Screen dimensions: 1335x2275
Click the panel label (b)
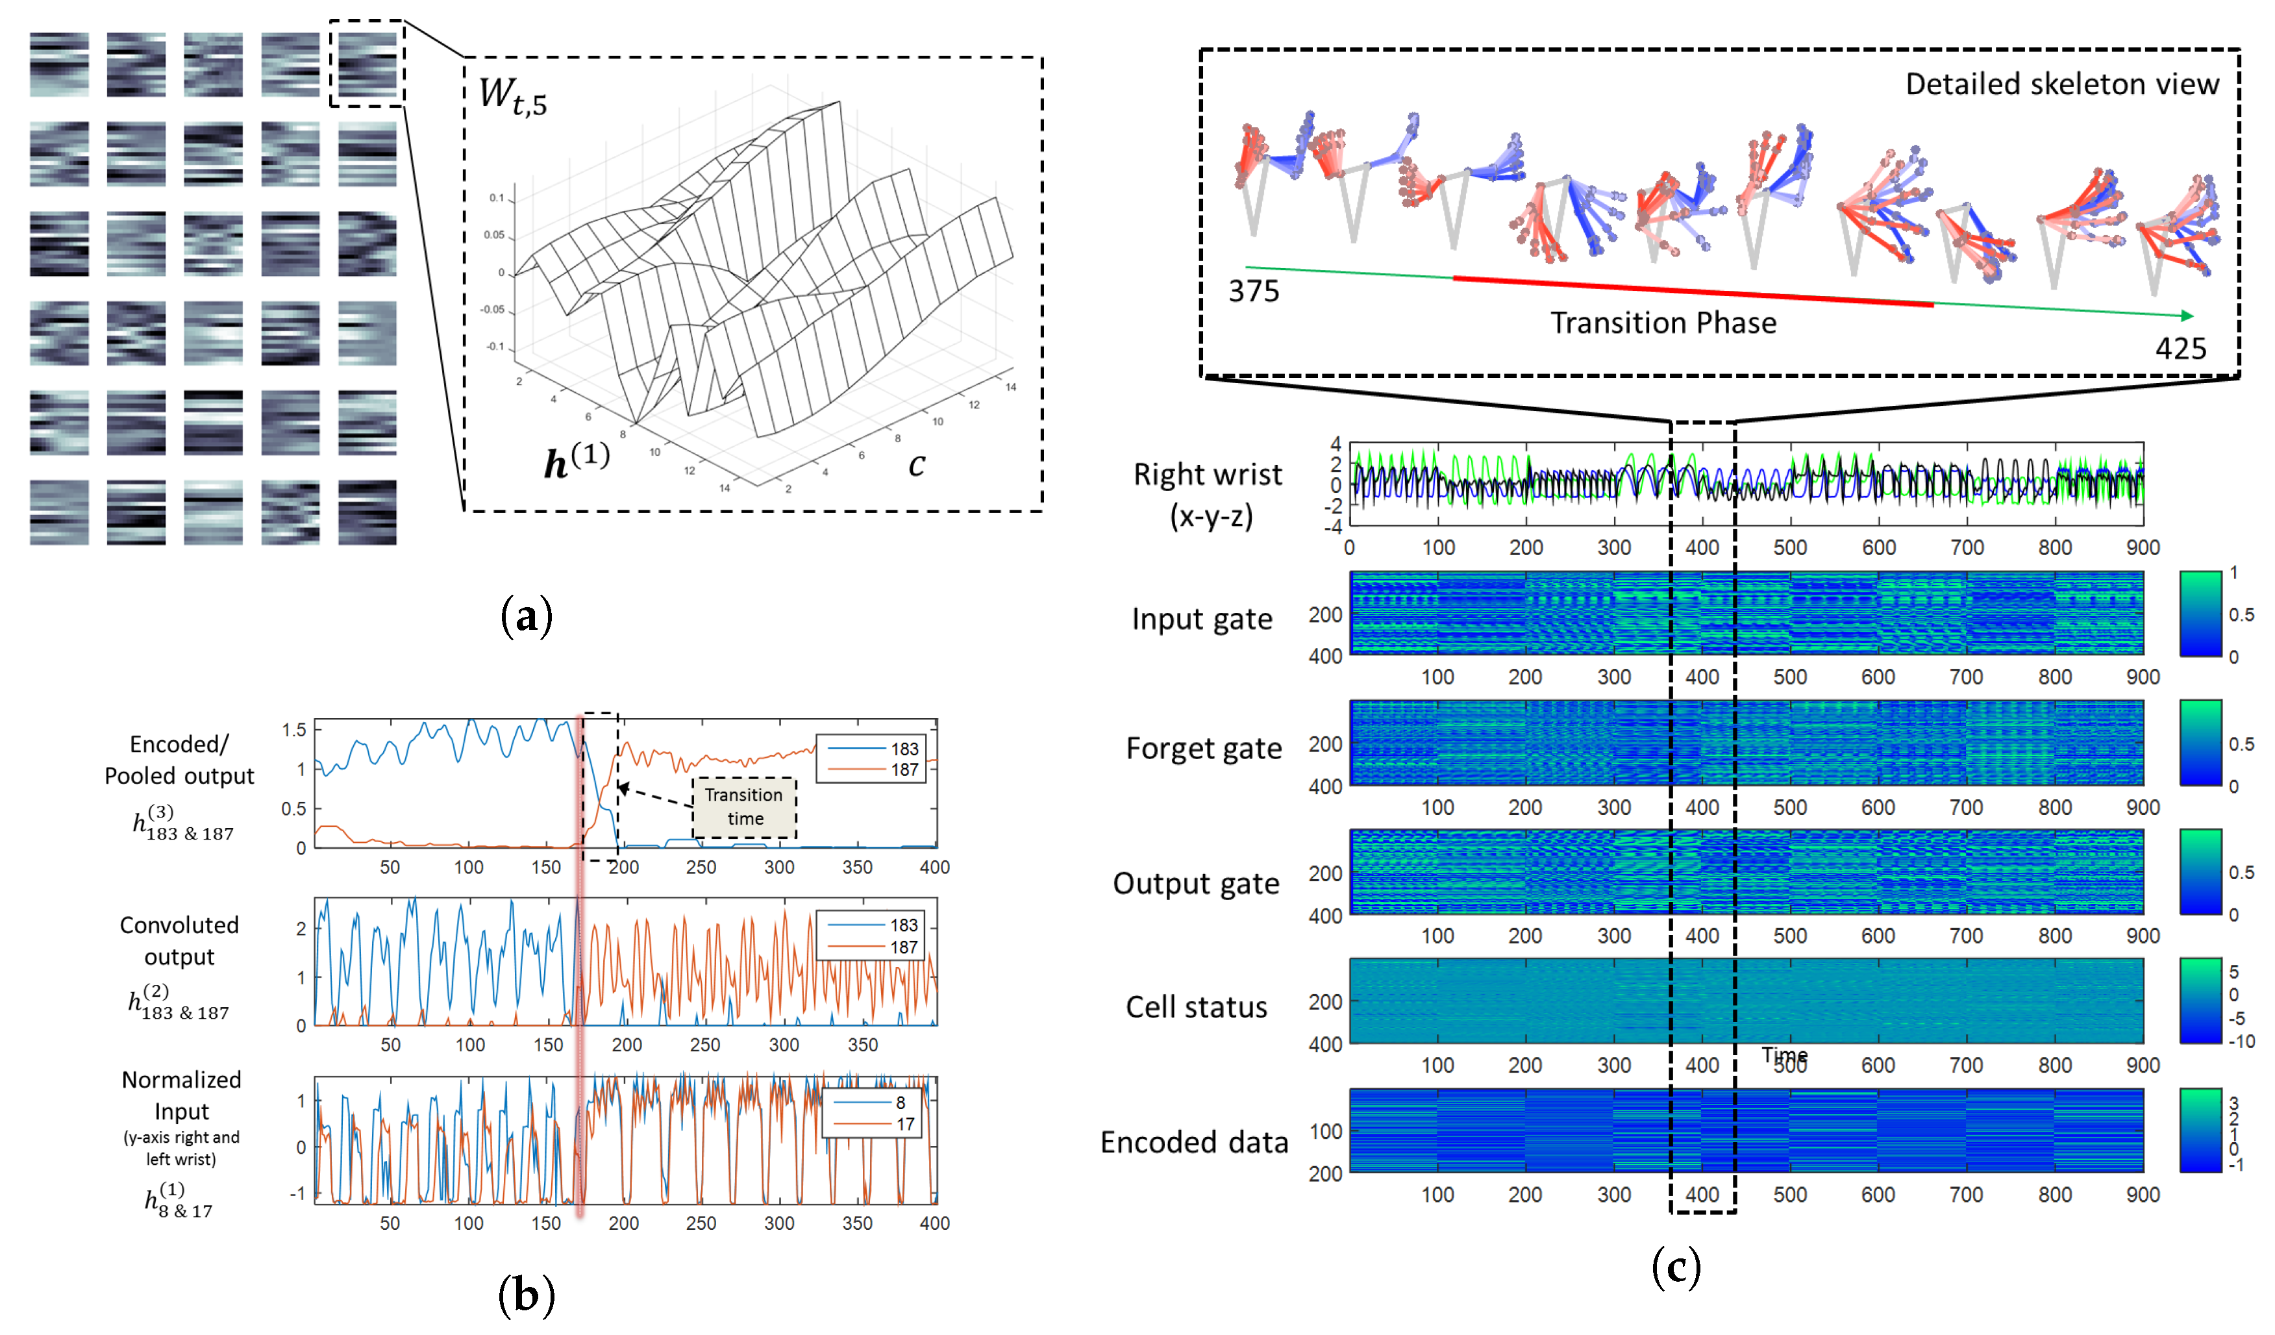point(527,1295)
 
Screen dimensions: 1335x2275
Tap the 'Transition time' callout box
point(744,807)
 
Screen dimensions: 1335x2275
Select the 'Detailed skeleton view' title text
point(2061,84)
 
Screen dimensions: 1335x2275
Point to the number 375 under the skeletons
point(1253,292)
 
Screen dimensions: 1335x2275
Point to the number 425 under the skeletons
point(2180,349)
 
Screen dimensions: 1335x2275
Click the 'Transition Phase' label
point(1663,323)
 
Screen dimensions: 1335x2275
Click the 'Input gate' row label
point(1202,619)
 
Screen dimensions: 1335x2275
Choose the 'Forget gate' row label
point(1204,748)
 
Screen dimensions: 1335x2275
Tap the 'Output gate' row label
point(1196,883)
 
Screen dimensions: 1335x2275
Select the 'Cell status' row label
point(1196,1006)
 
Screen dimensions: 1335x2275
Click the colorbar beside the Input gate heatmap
point(2200,614)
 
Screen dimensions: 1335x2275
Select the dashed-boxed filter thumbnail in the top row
point(367,63)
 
